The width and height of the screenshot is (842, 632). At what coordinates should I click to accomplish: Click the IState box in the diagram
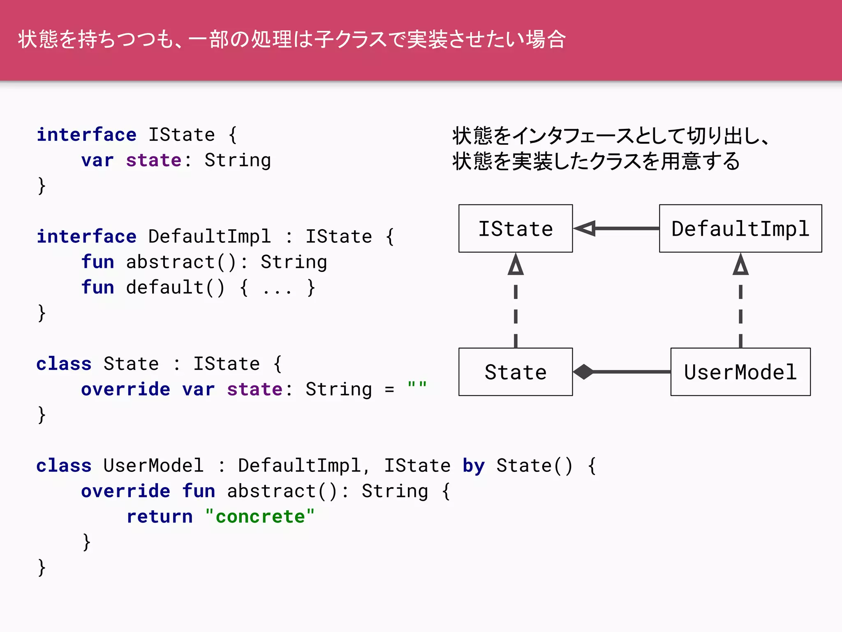coord(516,228)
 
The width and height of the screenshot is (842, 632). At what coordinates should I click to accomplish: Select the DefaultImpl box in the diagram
coord(740,228)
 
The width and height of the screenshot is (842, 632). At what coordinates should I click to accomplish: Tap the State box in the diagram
coord(516,372)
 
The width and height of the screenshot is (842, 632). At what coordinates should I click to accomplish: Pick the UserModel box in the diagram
coord(740,372)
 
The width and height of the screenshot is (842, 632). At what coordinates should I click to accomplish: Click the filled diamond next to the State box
coord(583,372)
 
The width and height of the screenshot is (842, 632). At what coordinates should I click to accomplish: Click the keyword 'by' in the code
coord(474,466)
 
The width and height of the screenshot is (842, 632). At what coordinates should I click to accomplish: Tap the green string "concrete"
coord(260,517)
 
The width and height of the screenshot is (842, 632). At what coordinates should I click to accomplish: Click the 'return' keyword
coord(160,517)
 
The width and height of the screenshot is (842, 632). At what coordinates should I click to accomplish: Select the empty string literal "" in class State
coord(417,387)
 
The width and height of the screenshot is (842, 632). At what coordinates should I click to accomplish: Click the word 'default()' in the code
coord(175,287)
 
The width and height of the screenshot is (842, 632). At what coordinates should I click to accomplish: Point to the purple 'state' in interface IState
coord(153,160)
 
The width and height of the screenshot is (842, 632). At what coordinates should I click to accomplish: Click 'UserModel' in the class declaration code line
coord(153,466)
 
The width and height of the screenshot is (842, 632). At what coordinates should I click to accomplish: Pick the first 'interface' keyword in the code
coord(86,135)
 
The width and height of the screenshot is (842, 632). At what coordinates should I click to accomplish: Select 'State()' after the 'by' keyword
coord(534,466)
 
